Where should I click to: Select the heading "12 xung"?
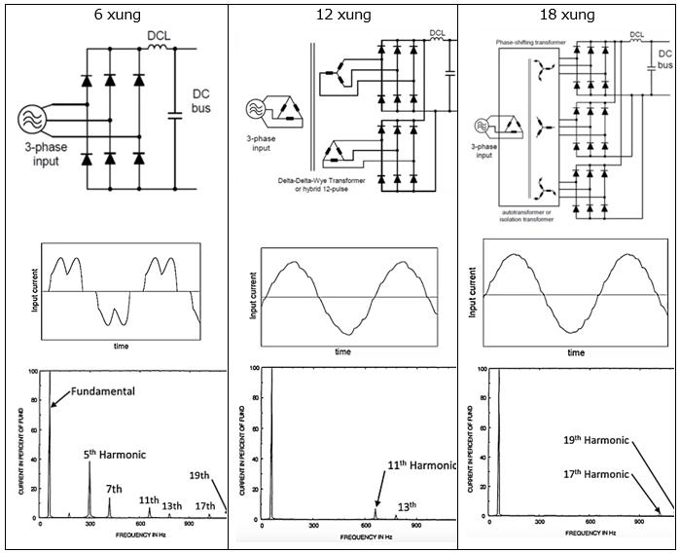click(x=340, y=16)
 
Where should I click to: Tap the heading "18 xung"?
click(x=568, y=16)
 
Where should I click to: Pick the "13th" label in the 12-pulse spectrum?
click(x=406, y=505)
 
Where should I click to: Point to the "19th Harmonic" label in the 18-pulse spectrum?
click(x=597, y=441)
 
